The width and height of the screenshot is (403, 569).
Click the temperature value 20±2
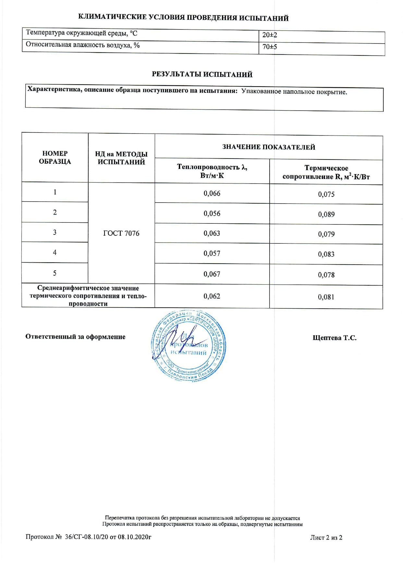270,35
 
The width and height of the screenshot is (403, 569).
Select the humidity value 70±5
270,47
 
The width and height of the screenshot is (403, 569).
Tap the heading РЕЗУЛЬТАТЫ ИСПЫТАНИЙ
202,75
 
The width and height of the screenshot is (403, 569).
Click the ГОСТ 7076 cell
121,233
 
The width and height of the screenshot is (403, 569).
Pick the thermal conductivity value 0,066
212,194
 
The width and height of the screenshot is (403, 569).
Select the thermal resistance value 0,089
326,214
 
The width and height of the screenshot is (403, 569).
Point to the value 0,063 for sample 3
212,233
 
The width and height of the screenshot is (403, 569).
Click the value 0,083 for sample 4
326,254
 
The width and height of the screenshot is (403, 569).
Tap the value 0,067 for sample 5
212,274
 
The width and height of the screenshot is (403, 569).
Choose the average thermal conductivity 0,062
212,296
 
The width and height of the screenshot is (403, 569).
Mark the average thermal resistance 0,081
326,297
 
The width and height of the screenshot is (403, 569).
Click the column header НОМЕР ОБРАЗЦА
55,158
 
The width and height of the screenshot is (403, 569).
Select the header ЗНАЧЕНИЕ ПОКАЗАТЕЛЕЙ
269,147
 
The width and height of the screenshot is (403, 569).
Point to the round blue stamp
189,346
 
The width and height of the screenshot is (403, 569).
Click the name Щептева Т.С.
335,338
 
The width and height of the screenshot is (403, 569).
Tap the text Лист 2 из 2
326,538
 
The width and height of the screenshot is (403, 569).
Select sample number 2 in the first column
55,212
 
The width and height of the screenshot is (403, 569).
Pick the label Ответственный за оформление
75,337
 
